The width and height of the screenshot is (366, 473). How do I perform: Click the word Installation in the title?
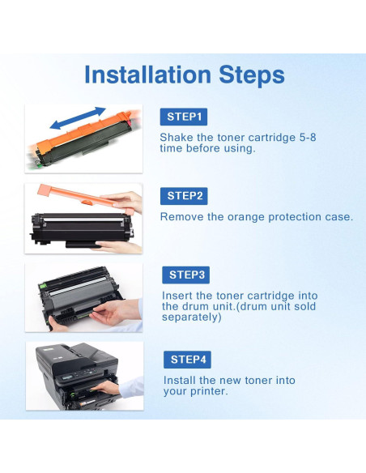(x=147, y=75)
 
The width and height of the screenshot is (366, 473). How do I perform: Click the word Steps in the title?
(x=252, y=75)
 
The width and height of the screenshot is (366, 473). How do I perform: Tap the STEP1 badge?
(x=184, y=117)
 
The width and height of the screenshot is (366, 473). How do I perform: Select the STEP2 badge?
(x=184, y=196)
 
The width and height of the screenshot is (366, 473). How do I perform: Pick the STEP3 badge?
(x=185, y=275)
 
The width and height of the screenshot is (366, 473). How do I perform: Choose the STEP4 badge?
(x=187, y=360)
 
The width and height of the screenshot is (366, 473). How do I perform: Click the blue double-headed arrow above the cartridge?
(x=78, y=118)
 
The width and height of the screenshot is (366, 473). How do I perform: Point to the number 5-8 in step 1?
(x=308, y=138)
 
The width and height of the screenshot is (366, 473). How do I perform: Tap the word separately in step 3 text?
(x=191, y=317)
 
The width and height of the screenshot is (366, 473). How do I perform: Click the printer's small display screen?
(x=68, y=377)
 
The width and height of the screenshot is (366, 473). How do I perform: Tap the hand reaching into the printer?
(x=105, y=388)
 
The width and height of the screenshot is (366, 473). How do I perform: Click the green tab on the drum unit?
(x=42, y=286)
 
